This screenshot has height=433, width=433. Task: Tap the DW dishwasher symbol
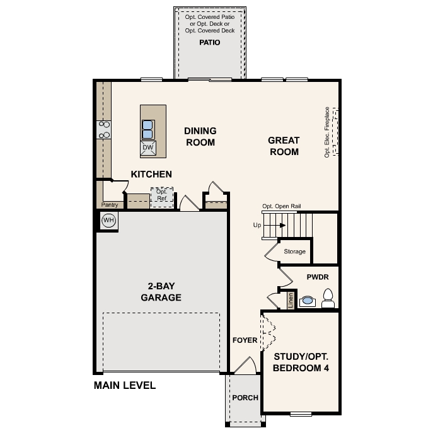point(148,147)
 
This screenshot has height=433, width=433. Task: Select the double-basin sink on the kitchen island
point(147,129)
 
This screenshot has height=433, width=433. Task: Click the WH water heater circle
point(108,220)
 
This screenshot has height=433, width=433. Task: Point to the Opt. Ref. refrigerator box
point(161,195)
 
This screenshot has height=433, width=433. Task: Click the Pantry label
point(110,205)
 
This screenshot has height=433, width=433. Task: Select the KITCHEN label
point(151,174)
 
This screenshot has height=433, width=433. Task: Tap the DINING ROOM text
point(200,137)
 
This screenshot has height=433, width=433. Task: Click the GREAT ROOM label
point(284,146)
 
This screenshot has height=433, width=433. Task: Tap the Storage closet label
point(294,251)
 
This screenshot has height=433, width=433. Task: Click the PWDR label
point(318,277)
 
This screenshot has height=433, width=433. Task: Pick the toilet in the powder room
point(328,298)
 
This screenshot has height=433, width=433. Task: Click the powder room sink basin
point(307,301)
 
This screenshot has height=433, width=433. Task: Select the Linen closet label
point(291,300)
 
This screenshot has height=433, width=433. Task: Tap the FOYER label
point(245,340)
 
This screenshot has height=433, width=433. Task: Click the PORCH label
point(245,398)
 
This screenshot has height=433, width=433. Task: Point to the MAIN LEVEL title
point(125,385)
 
